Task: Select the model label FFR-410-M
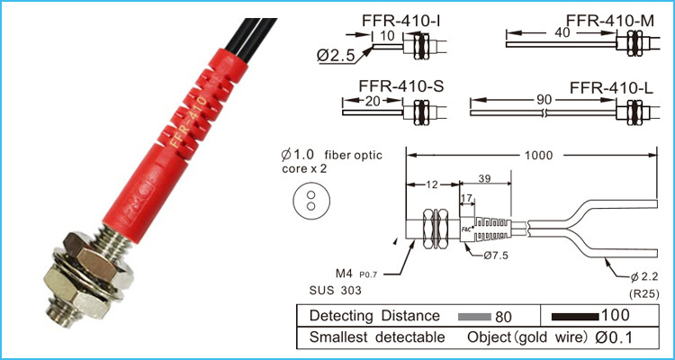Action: [610, 19]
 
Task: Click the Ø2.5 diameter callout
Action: [334, 55]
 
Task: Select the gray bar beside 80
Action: [474, 317]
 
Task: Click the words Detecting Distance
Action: [374, 317]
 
